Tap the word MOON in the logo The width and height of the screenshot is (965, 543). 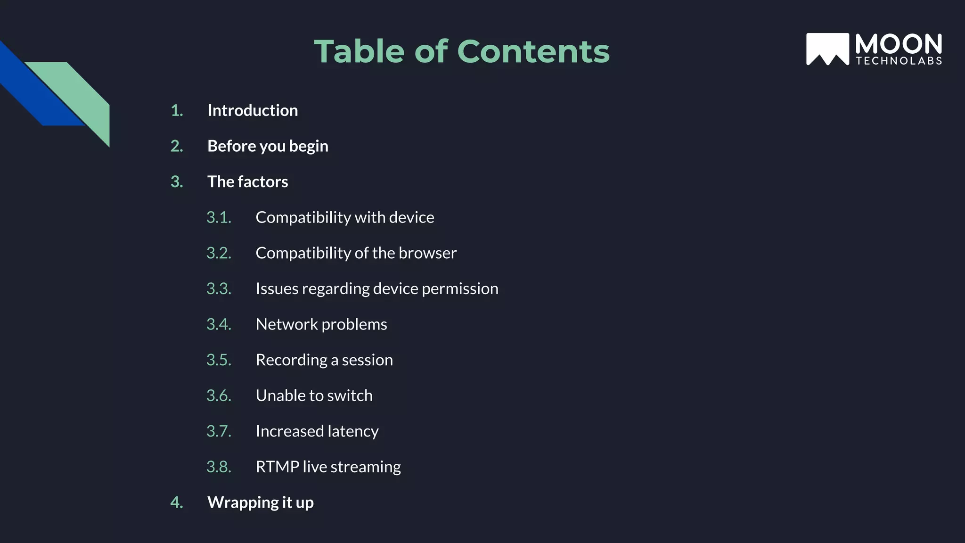[x=899, y=44]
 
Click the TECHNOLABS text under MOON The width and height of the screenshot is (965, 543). [x=899, y=61]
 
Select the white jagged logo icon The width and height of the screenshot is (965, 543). [x=827, y=49]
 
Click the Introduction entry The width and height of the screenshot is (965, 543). [x=253, y=110]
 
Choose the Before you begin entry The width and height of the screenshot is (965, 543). [x=268, y=146]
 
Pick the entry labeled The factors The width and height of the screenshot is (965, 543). [x=247, y=181]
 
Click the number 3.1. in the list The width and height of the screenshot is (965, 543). [x=219, y=217]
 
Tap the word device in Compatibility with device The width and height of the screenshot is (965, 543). [x=411, y=217]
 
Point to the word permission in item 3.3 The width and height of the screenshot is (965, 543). [x=460, y=288]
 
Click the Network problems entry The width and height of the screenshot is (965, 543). [x=321, y=324]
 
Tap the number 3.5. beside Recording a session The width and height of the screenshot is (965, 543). [x=219, y=360]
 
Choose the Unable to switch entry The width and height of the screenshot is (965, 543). [x=314, y=395]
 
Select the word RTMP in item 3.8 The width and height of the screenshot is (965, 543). [x=277, y=467]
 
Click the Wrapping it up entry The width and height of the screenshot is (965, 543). [x=260, y=502]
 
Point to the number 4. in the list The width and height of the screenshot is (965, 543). [x=177, y=502]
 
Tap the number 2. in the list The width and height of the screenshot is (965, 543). [x=177, y=146]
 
